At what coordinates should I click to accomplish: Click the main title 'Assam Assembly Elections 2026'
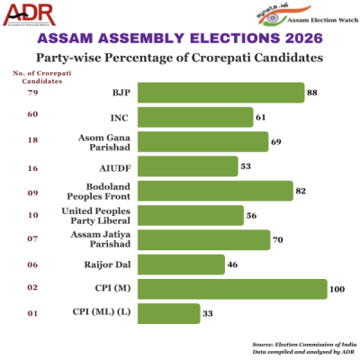180,40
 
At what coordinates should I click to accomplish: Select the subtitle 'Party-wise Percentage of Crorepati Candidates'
180,58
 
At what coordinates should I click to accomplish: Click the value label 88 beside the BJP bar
313,93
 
